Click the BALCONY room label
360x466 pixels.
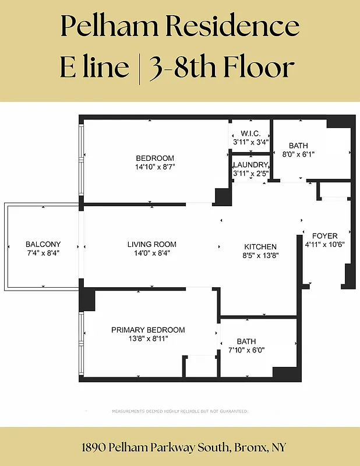(x=43, y=244)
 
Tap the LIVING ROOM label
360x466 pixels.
(x=151, y=244)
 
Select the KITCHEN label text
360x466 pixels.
(x=260, y=246)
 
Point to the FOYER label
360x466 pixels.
(x=324, y=236)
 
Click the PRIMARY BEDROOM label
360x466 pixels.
(x=148, y=330)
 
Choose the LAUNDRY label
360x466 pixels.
(x=250, y=165)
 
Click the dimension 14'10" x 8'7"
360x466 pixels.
(x=155, y=167)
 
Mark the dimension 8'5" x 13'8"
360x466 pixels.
(x=260, y=255)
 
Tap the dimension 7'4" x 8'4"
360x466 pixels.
(x=43, y=253)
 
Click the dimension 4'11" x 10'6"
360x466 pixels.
(x=325, y=245)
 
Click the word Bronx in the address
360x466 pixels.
(x=249, y=447)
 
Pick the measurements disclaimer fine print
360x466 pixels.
(x=180, y=411)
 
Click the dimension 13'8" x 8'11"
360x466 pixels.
(x=148, y=338)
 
